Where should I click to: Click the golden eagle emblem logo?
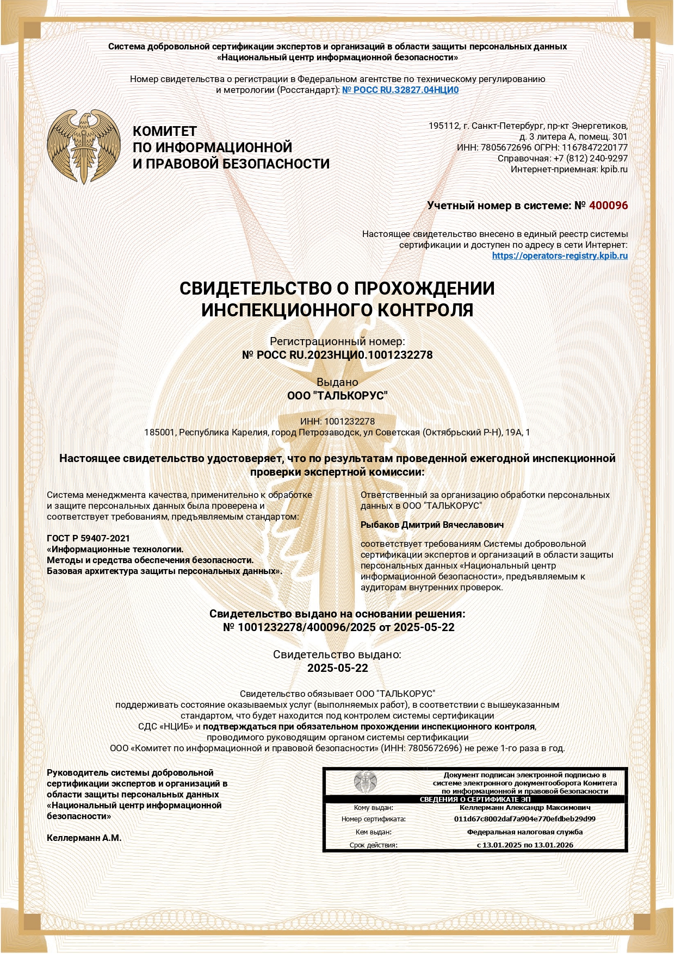pyautogui.click(x=83, y=146)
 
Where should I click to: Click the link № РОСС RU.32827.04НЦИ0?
pyautogui.click(x=400, y=90)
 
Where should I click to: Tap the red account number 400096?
pyautogui.click(x=608, y=205)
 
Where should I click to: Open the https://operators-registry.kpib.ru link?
pyautogui.click(x=560, y=255)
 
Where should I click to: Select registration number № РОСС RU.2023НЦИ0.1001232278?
pyautogui.click(x=337, y=355)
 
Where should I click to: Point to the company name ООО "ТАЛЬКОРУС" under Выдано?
pyautogui.click(x=337, y=396)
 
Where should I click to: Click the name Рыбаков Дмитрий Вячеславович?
pyautogui.click(x=432, y=525)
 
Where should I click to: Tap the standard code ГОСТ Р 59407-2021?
pyautogui.click(x=88, y=538)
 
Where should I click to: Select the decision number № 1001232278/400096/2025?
pyautogui.click(x=300, y=627)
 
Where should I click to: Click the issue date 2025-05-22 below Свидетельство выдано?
pyautogui.click(x=337, y=668)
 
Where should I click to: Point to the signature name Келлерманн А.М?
pyautogui.click(x=84, y=838)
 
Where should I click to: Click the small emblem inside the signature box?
pyautogui.click(x=365, y=782)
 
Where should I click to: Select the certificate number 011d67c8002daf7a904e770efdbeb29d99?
pyautogui.click(x=524, y=819)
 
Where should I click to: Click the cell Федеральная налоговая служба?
pyautogui.click(x=524, y=832)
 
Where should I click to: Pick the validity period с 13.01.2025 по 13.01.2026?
pyautogui.click(x=524, y=845)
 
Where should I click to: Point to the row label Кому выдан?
pyautogui.click(x=373, y=808)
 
